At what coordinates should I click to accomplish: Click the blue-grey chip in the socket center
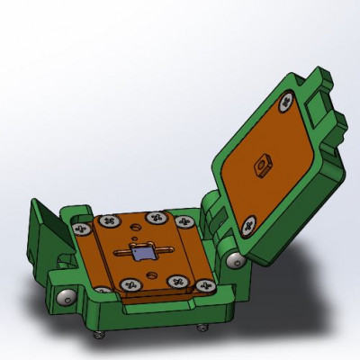click(142, 255)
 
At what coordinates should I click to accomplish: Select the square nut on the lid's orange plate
click(264, 164)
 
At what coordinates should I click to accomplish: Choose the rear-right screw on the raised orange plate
click(158, 217)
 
